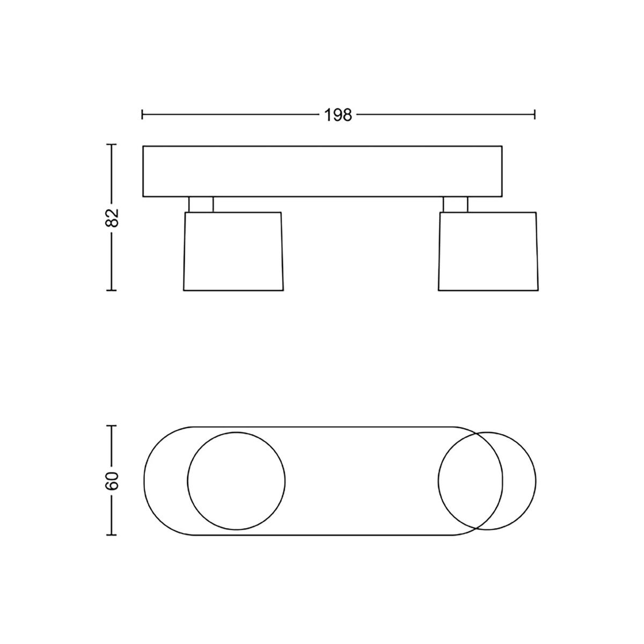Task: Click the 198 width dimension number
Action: pyautogui.click(x=338, y=115)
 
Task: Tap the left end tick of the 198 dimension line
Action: pyautogui.click(x=142, y=114)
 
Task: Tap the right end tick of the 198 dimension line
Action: pyautogui.click(x=535, y=114)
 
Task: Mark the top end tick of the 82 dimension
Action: pyautogui.click(x=111, y=145)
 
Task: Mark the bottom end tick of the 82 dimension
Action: pyautogui.click(x=111, y=290)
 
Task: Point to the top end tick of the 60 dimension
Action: pyautogui.click(x=111, y=426)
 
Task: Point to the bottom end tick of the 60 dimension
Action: pyautogui.click(x=111, y=535)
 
